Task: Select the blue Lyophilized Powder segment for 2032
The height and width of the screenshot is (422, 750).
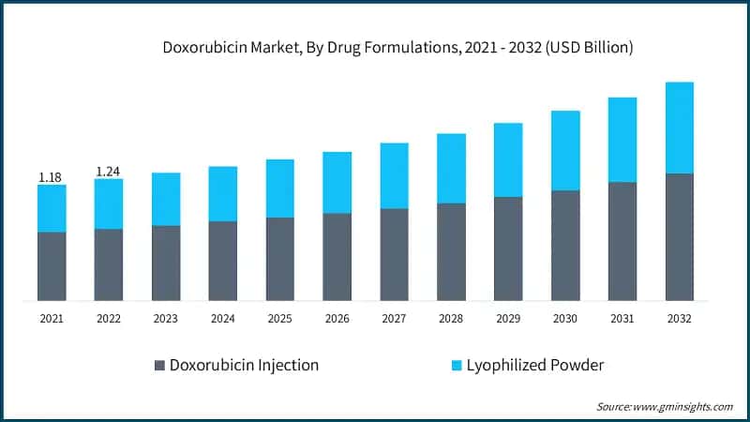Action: tap(679, 128)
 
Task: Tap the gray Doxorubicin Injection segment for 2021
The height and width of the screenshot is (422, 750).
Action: tap(52, 266)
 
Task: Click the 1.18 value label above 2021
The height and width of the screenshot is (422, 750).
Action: tap(50, 176)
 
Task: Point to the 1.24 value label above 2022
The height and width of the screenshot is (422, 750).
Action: tap(108, 172)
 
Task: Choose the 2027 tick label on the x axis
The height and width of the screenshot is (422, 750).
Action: tap(394, 319)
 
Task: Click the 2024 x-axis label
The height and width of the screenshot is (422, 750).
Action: tap(222, 319)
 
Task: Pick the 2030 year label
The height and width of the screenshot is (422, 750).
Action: tap(564, 319)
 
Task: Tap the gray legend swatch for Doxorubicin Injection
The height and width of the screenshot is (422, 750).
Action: tap(159, 366)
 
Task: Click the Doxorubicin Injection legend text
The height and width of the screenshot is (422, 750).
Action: tap(244, 366)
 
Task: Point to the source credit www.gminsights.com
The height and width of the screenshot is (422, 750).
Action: tap(665, 406)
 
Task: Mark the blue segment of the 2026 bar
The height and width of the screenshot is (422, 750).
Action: tap(337, 182)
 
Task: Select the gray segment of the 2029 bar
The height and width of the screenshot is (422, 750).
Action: tap(508, 249)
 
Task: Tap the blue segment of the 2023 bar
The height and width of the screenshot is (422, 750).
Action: tap(165, 199)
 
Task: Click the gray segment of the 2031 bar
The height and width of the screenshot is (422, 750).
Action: tap(622, 241)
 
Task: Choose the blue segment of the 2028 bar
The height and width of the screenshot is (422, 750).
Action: tap(451, 168)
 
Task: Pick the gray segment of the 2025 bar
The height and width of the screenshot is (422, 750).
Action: tap(279, 259)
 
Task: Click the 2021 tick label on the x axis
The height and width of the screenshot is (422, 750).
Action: tap(52, 319)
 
